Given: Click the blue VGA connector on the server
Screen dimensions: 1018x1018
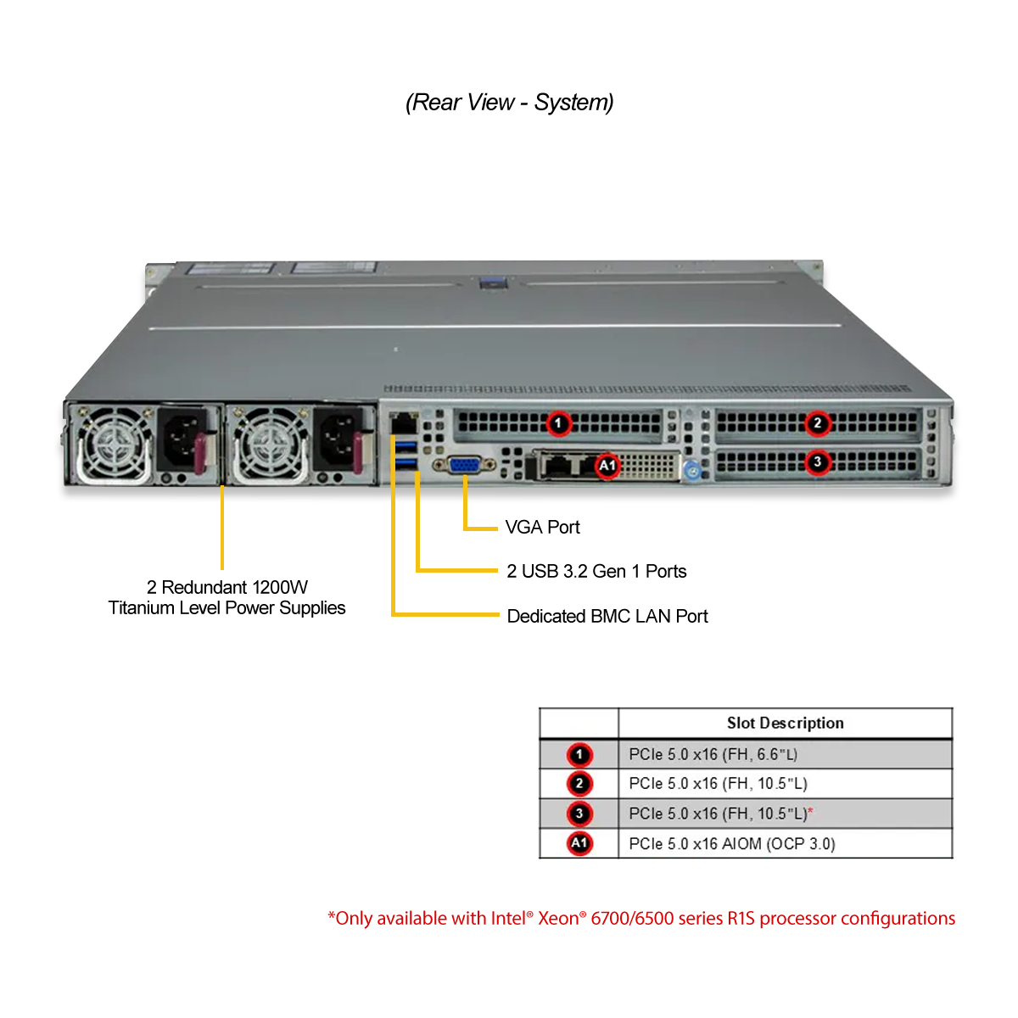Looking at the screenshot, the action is click(x=464, y=466).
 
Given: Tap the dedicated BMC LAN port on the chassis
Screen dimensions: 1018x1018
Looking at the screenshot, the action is click(x=404, y=423).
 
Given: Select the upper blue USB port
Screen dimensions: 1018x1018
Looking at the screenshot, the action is click(x=406, y=446).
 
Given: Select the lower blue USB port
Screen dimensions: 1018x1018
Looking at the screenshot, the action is click(x=406, y=464).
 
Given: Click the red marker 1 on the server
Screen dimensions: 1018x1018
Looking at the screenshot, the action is click(x=558, y=423).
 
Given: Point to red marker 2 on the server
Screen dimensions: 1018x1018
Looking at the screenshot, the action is click(x=817, y=422).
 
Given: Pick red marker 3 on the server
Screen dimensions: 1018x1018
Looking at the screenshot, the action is click(x=817, y=462).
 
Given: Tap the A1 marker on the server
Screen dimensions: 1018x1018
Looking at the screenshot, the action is click(x=607, y=466).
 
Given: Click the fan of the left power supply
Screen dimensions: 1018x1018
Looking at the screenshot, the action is click(x=113, y=442).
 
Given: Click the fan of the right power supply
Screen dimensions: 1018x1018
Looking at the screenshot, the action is click(x=270, y=443).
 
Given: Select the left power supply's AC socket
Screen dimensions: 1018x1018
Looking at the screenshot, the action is click(x=181, y=439).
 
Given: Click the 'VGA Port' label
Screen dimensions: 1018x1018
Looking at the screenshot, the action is click(x=543, y=527).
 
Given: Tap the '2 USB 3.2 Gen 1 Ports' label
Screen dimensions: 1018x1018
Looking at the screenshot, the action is click(x=596, y=571).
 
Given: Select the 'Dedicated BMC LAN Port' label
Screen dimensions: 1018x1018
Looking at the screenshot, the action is click(x=607, y=616).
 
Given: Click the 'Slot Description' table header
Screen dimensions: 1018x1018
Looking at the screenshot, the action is click(x=785, y=723).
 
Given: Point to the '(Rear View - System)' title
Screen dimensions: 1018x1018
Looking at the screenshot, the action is click(x=509, y=103).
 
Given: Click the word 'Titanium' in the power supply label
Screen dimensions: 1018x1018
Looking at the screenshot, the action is click(x=142, y=608).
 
